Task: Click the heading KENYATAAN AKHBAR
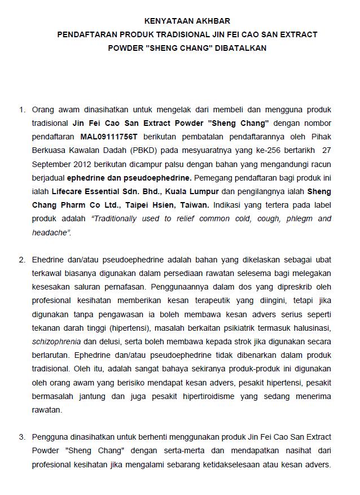tap(179, 21)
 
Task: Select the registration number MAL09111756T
tap(112, 137)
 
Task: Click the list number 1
tap(22, 109)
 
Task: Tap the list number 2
tap(22, 260)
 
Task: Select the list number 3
tap(22, 437)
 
